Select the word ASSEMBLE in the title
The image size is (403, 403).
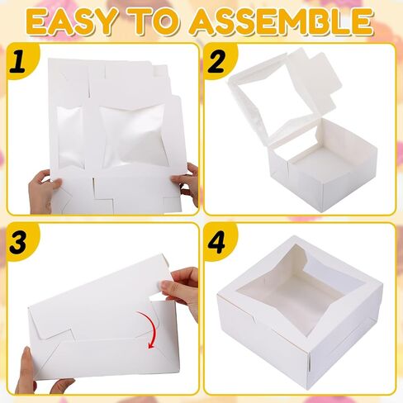point(282,22)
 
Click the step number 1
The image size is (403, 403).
point(18,61)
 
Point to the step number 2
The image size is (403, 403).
point(216,61)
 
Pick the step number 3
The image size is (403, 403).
point(19,243)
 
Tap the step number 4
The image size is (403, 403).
point(216,243)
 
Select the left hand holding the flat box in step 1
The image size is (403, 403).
point(44,191)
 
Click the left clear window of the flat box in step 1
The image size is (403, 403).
point(70,136)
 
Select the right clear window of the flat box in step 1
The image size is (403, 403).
point(134,135)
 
